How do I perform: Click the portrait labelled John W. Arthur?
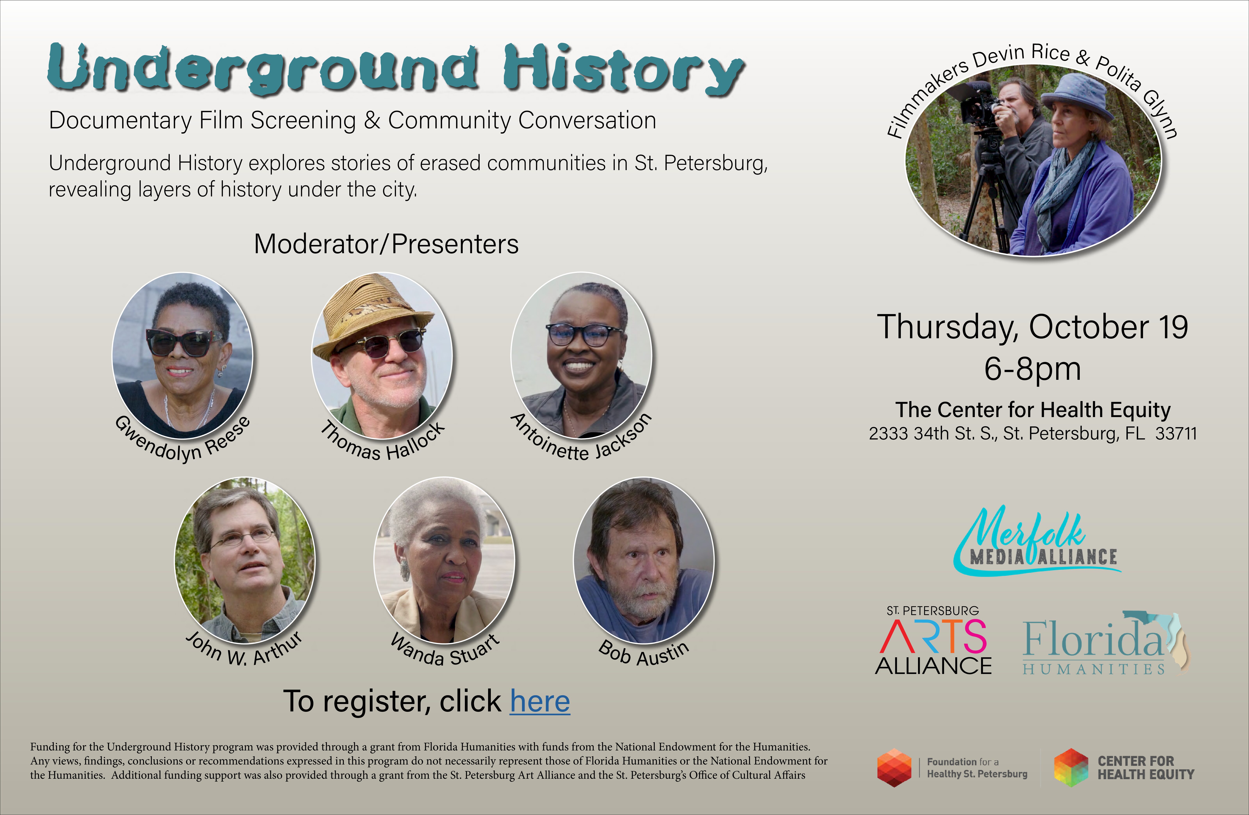click(x=245, y=560)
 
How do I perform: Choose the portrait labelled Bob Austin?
click(x=644, y=560)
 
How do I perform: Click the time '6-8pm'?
click(x=1032, y=369)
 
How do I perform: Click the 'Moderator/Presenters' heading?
click(x=386, y=244)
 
